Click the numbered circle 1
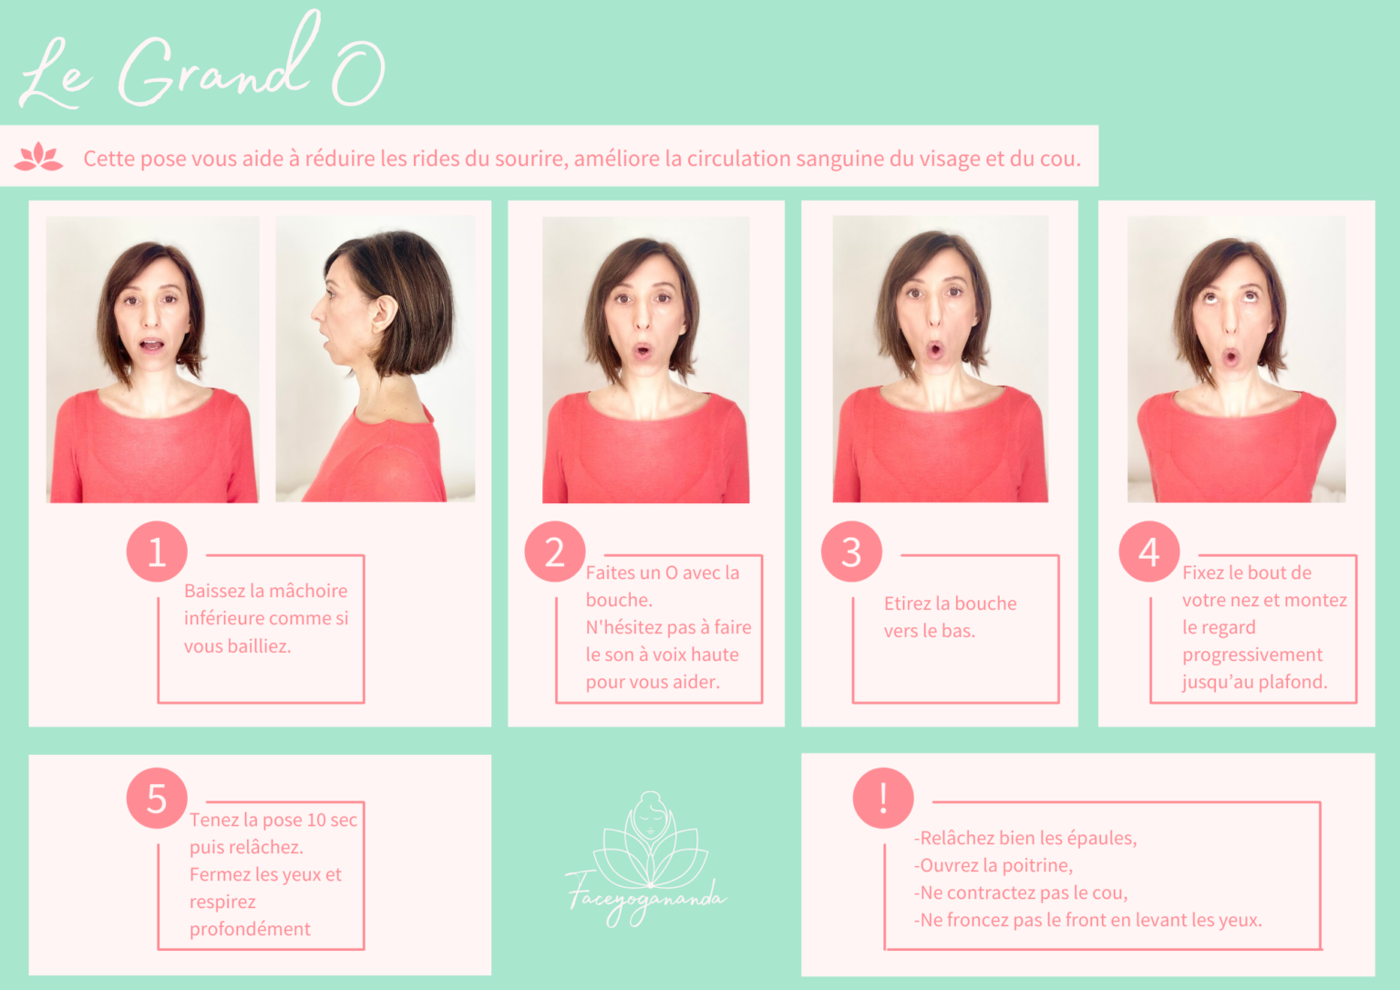(157, 552)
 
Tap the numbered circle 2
(555, 552)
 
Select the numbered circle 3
(851, 552)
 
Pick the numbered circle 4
(1148, 552)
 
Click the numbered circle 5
(157, 799)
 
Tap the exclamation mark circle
(883, 799)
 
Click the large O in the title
(358, 74)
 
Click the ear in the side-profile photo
(385, 313)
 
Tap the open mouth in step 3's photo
(935, 350)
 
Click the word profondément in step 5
(250, 929)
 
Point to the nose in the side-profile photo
(316, 310)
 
